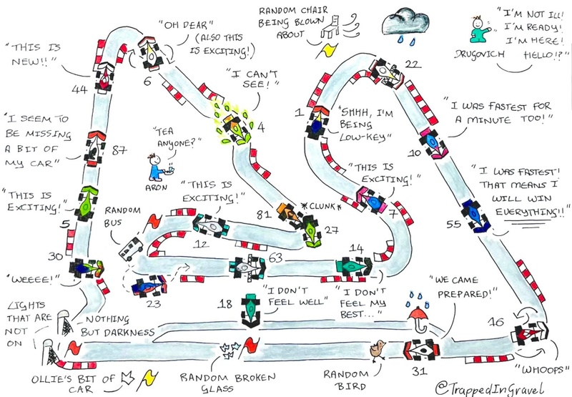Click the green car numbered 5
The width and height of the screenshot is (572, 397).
[87, 204]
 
